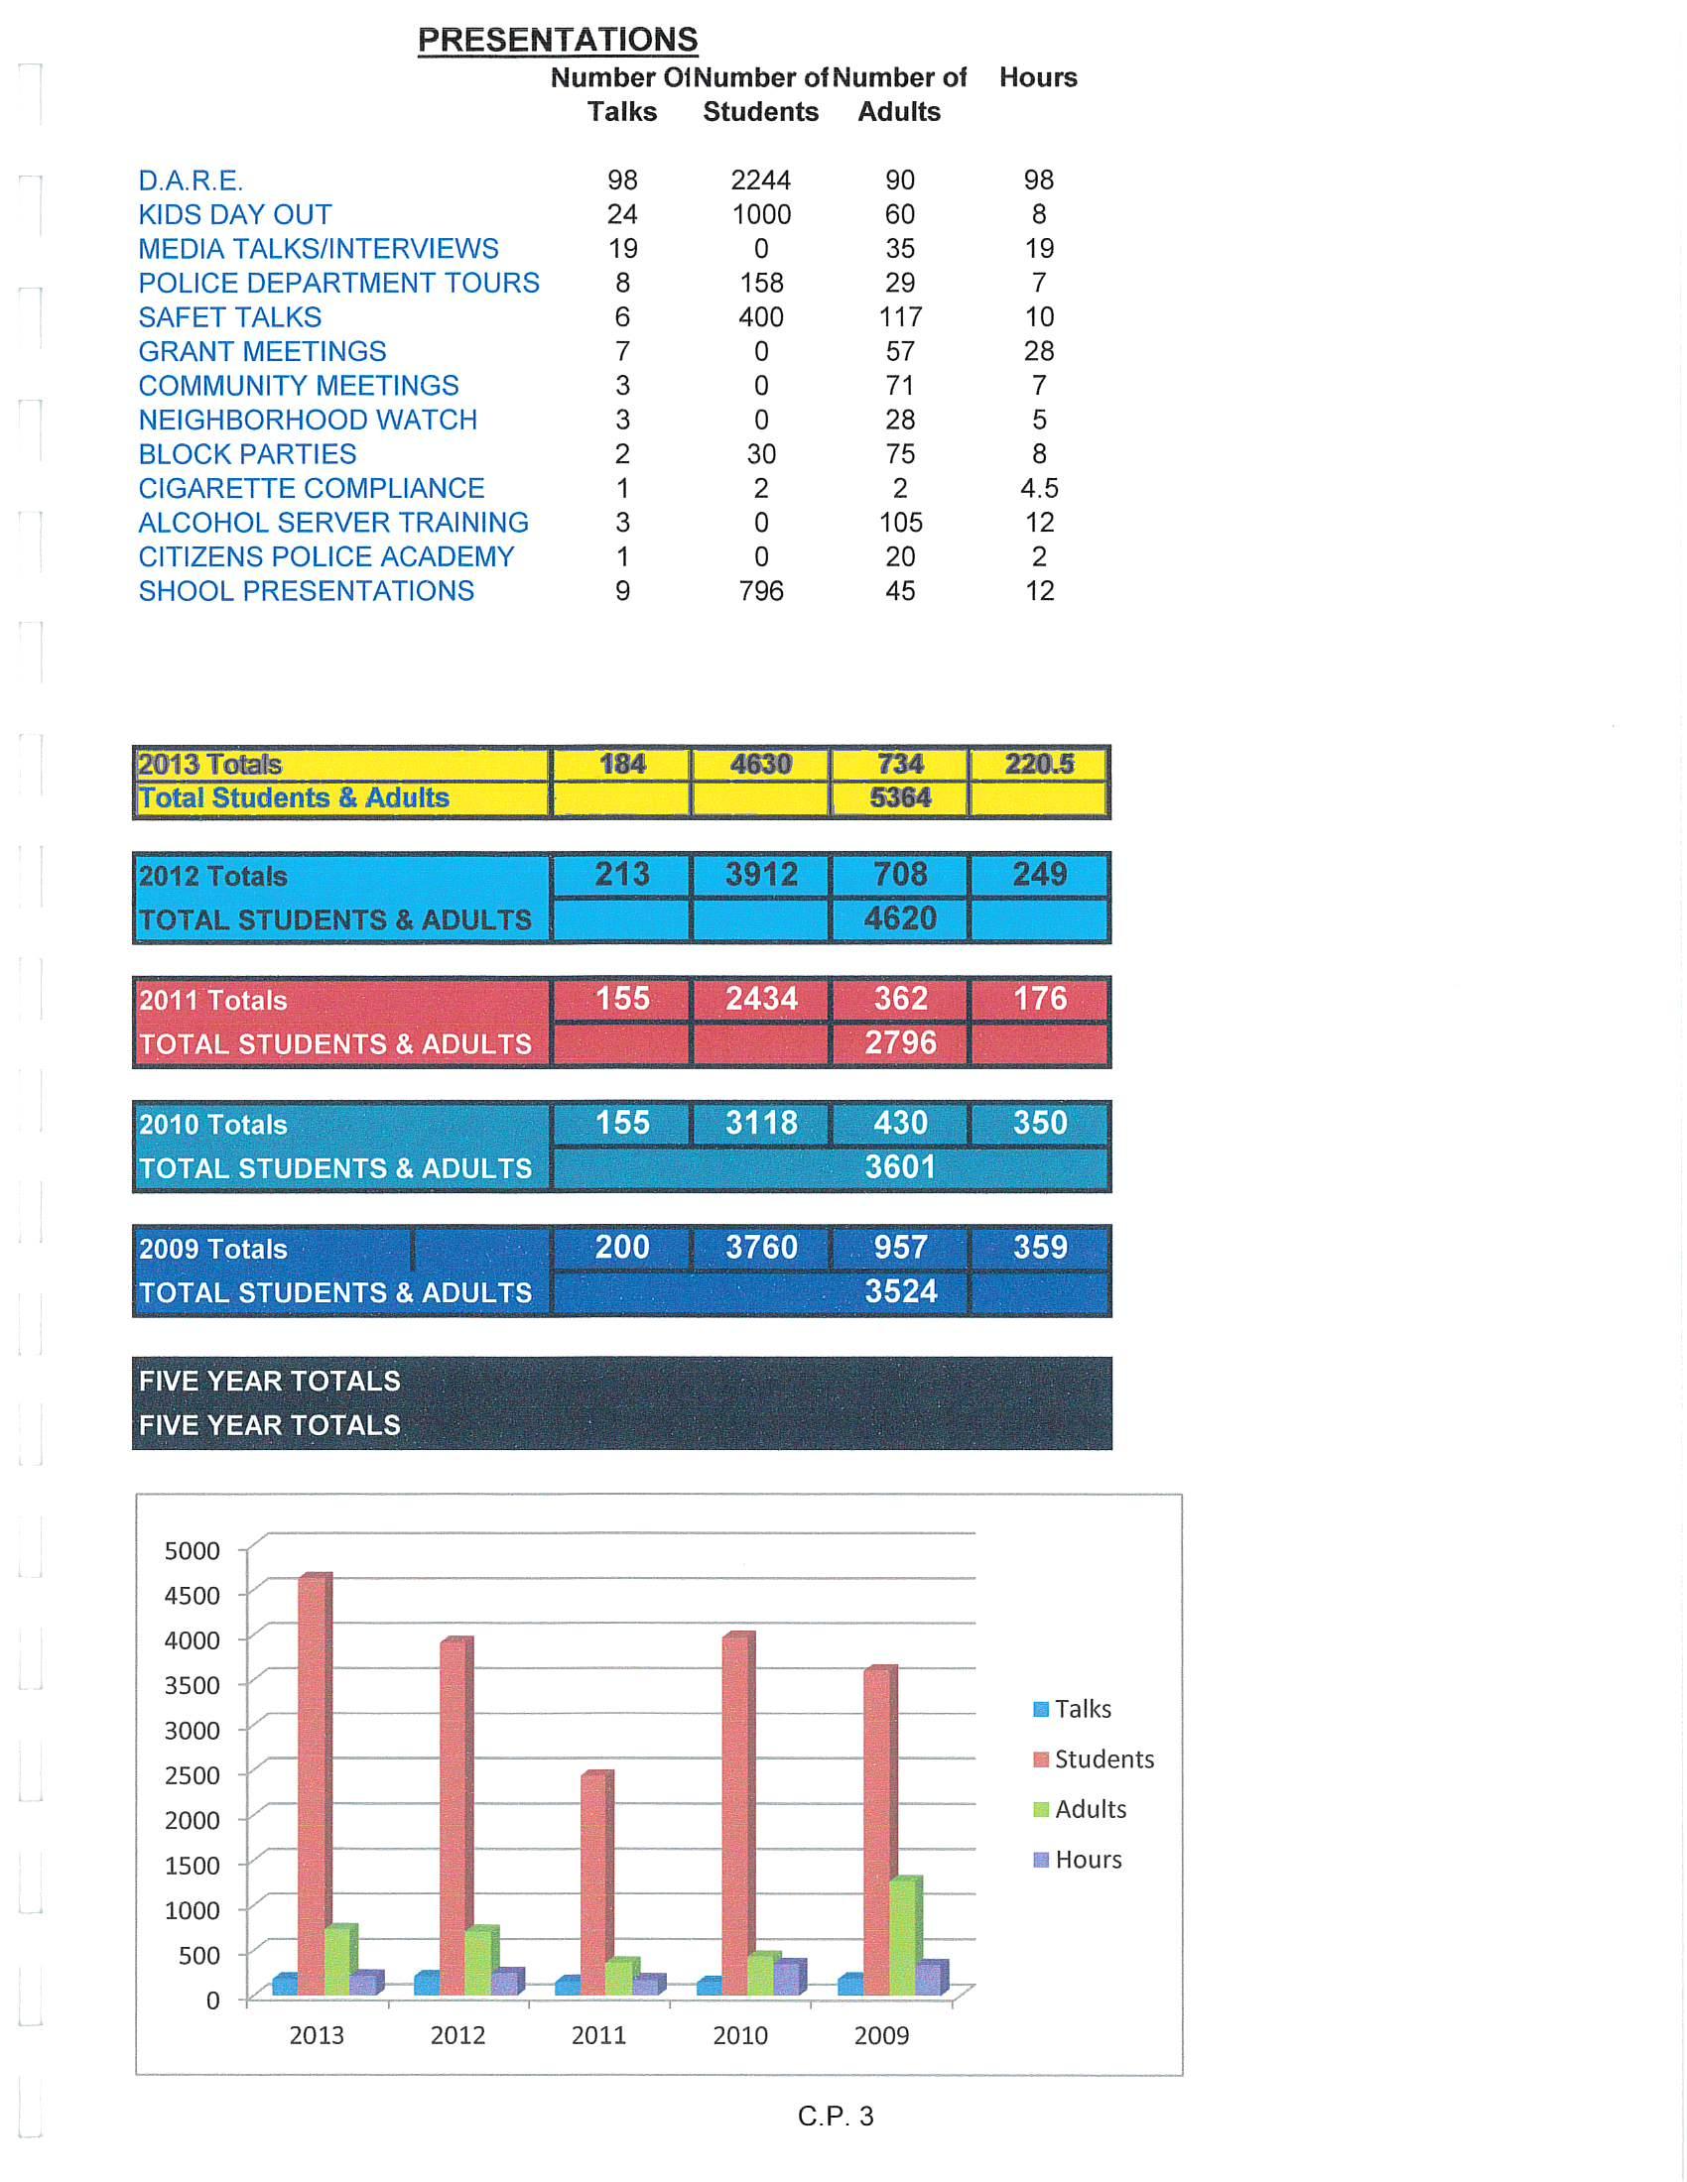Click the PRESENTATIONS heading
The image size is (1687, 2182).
point(557,40)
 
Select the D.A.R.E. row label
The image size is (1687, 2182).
point(190,181)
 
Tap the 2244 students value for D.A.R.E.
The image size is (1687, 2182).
point(760,181)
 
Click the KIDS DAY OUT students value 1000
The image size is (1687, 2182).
point(760,215)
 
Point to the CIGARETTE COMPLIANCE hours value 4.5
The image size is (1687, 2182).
point(1038,489)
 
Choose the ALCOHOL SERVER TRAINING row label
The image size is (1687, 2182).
point(332,523)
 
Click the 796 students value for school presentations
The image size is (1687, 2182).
point(760,591)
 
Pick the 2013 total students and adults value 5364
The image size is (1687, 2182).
point(899,798)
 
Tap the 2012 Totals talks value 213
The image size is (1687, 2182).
point(621,875)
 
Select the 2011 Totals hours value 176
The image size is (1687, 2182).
point(1039,999)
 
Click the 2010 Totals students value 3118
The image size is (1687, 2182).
point(760,1123)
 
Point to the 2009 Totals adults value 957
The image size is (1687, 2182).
point(899,1248)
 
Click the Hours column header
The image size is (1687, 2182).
point(1038,78)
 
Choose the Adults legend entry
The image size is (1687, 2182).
point(1091,1809)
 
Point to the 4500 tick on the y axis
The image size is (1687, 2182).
point(192,1596)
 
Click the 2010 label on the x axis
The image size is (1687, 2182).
point(739,2035)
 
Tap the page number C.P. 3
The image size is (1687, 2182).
point(836,2117)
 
